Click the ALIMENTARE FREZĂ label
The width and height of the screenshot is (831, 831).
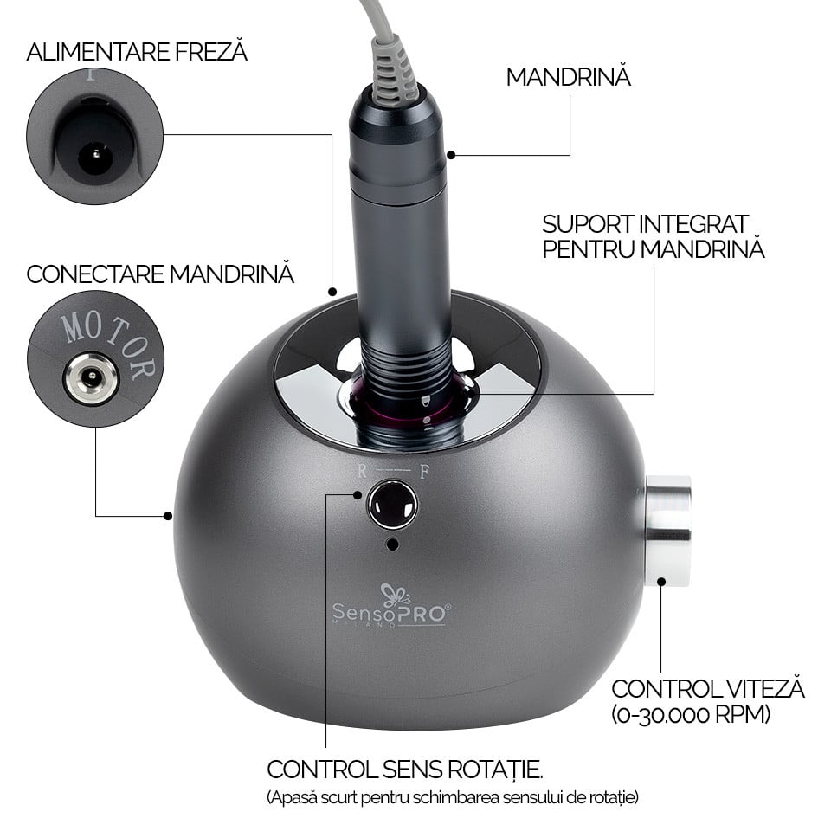click(137, 52)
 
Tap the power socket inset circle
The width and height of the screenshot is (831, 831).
click(95, 136)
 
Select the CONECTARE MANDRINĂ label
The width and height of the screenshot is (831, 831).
click(160, 274)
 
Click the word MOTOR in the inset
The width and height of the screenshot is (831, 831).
click(110, 344)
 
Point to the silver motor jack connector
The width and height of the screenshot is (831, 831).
click(91, 378)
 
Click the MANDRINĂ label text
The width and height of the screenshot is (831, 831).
click(568, 77)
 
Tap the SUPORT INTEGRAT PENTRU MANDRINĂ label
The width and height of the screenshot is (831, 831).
click(654, 237)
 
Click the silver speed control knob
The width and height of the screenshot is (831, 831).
click(667, 531)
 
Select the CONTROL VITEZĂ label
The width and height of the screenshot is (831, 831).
click(708, 689)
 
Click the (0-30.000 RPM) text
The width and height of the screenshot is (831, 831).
click(691, 714)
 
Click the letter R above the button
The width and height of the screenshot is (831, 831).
click(362, 471)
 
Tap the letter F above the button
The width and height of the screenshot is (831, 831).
click(424, 471)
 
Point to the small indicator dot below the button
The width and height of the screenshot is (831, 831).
click(393, 544)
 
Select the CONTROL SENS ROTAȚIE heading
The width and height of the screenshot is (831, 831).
click(405, 770)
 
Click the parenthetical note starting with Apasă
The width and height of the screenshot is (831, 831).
click(453, 797)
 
